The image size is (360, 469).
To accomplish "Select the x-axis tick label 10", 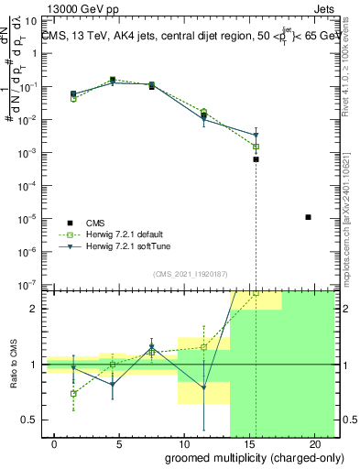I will click(185, 444).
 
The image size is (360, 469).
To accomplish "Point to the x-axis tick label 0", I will click(55, 444).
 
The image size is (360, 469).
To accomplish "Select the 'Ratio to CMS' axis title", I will click(13, 364).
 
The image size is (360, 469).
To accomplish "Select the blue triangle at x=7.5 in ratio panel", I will click(153, 347).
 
